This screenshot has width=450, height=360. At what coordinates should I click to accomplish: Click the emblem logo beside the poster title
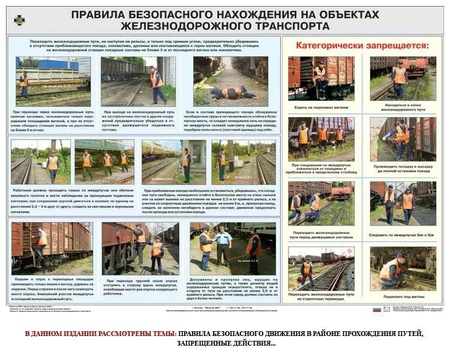pos(19,20)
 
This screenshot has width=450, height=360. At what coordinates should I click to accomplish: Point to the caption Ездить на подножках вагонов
pos(321,107)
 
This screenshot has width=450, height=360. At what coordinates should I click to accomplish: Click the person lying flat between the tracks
pos(232,92)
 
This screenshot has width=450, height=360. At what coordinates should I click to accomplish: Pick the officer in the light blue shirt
pos(223,245)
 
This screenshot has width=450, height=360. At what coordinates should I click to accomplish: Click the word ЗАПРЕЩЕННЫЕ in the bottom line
pos(211,343)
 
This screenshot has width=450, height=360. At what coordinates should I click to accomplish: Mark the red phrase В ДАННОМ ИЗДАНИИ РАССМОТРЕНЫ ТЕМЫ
pos(100,333)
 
